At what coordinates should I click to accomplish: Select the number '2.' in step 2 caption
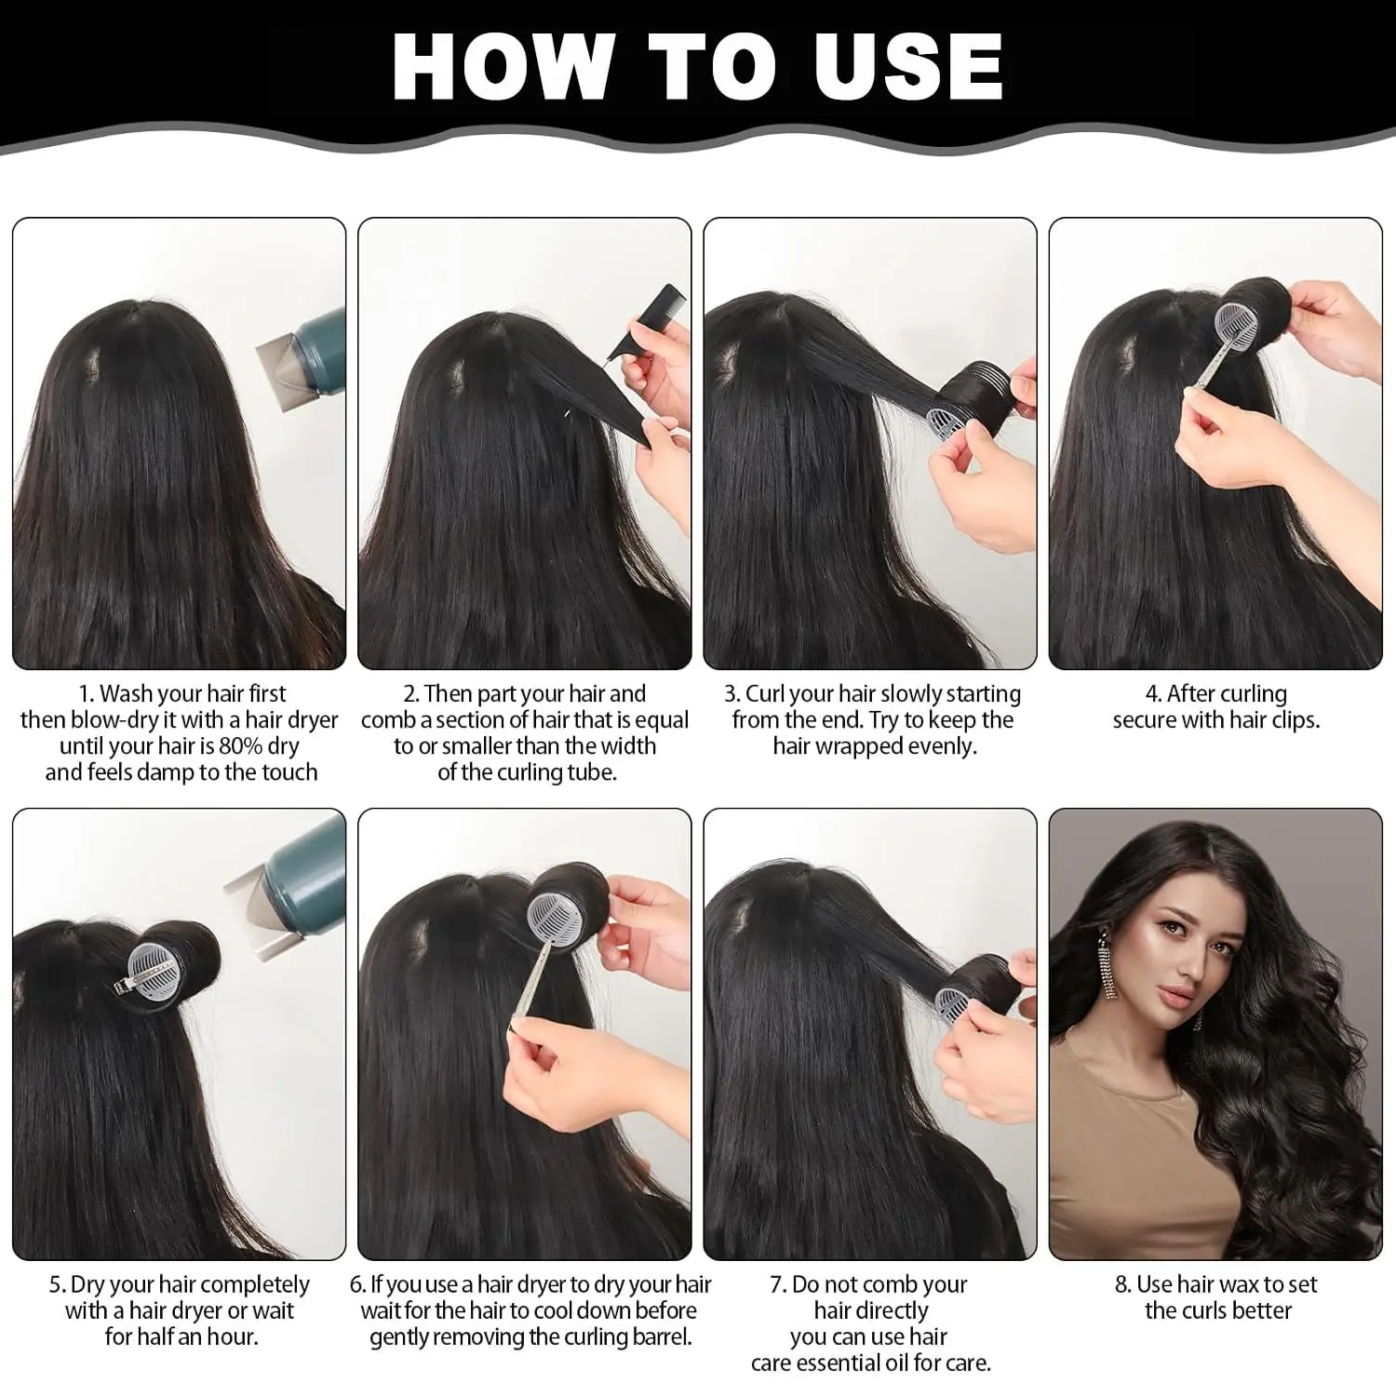click(411, 694)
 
